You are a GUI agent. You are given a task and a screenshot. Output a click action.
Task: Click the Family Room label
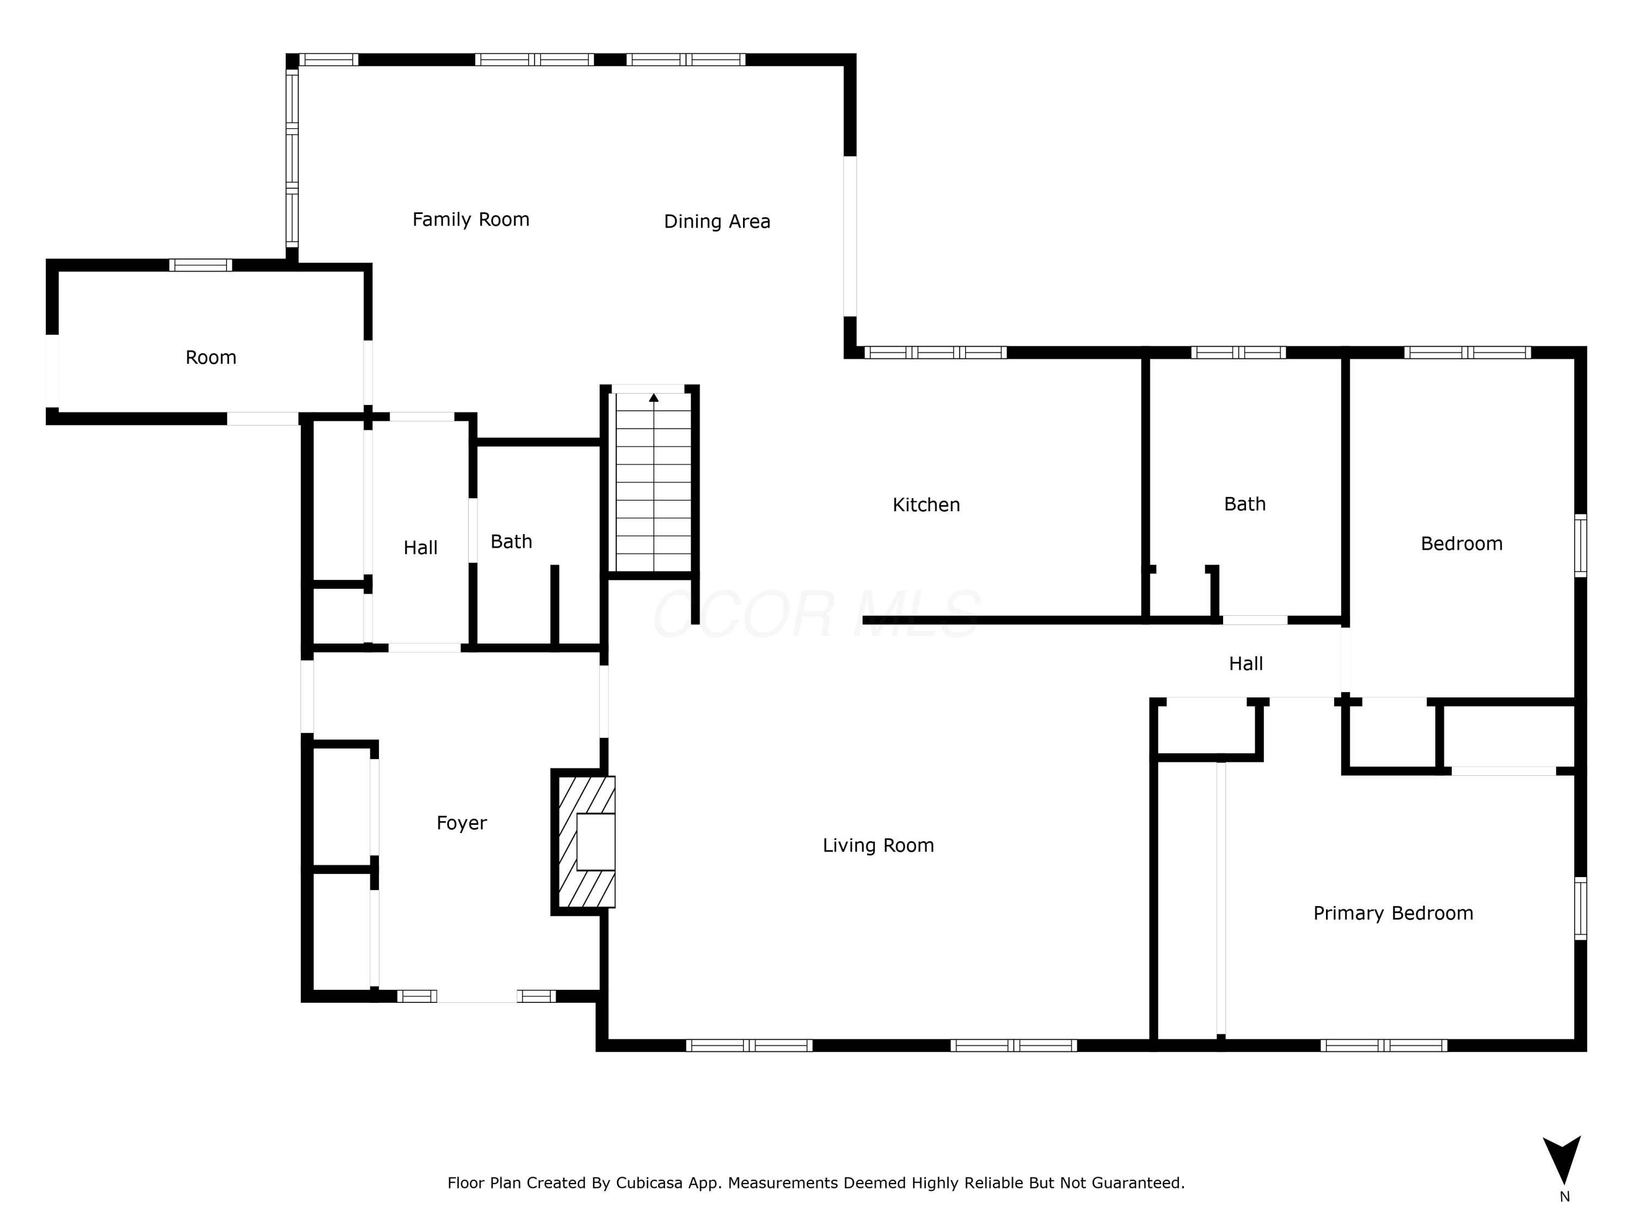[471, 219]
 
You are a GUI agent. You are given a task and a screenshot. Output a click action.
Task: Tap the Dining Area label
[717, 222]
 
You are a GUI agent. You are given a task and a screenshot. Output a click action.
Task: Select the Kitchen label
[926, 505]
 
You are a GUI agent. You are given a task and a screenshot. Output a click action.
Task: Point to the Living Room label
[879, 846]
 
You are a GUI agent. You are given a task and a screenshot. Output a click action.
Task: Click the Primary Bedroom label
[1393, 914]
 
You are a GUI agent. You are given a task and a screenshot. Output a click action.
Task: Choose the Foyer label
[462, 823]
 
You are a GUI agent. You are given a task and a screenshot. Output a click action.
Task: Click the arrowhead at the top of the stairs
[653, 397]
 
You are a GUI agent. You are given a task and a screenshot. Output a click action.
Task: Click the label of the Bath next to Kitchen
[1245, 504]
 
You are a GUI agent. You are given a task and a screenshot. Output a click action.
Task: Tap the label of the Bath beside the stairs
[511, 542]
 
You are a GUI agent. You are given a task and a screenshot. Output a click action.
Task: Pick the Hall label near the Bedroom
[1245, 664]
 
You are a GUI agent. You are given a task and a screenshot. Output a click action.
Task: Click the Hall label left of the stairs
[420, 548]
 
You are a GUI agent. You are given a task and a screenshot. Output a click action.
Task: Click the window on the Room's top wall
[200, 265]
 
